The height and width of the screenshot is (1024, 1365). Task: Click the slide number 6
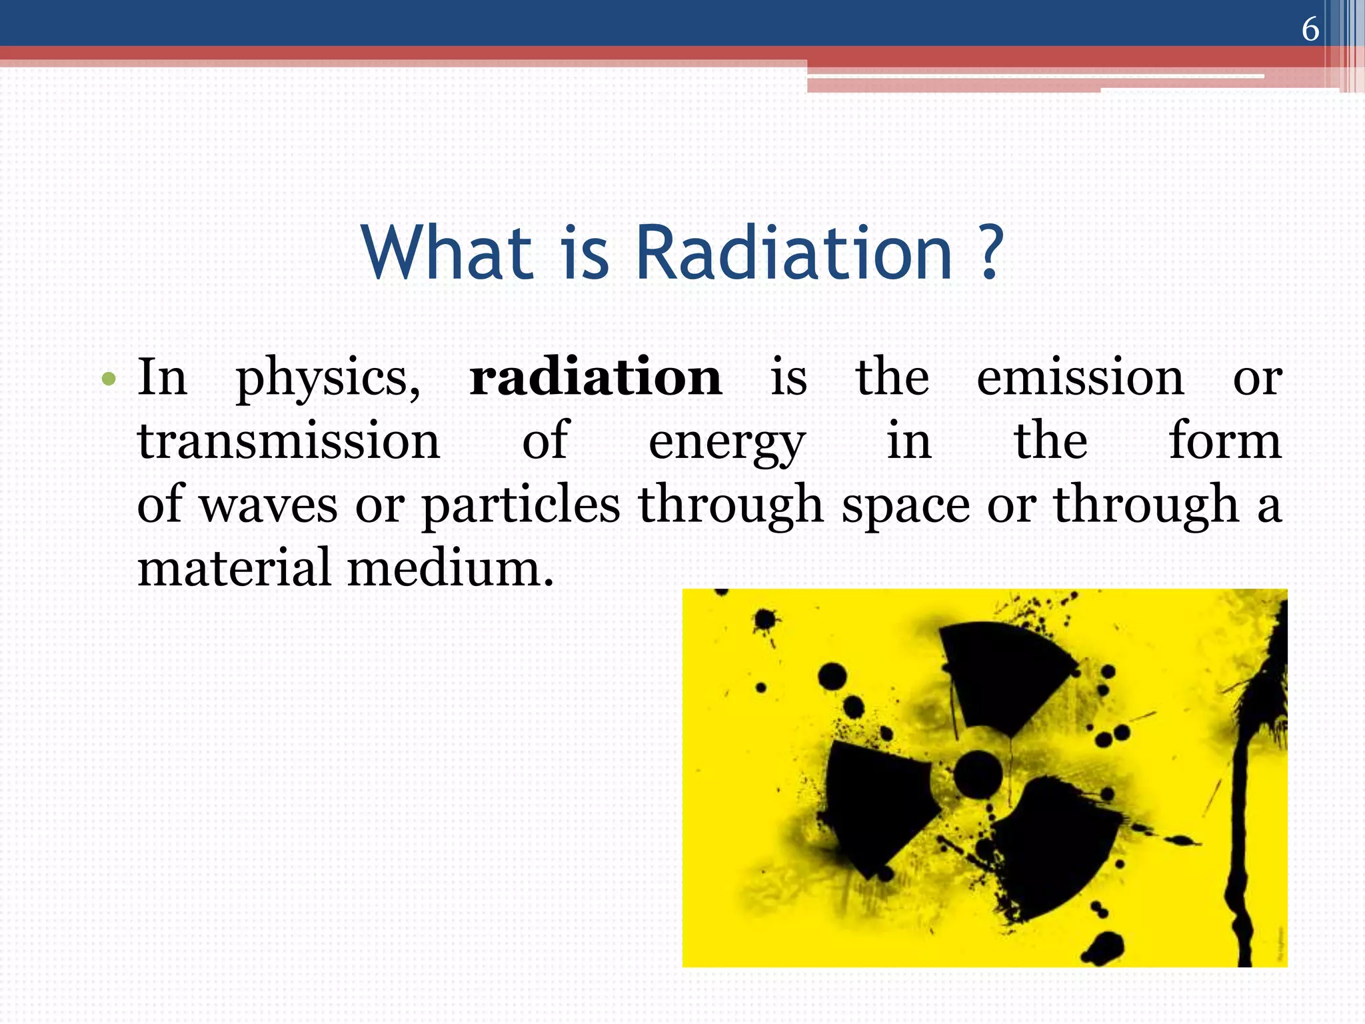pos(1310,29)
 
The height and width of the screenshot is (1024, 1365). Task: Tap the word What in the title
pos(447,253)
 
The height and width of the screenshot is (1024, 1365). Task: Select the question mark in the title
pos(991,253)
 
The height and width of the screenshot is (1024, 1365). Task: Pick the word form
pos(1225,440)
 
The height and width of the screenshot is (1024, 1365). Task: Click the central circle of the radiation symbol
pos(978,773)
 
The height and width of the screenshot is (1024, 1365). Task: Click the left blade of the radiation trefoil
pos(873,800)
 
